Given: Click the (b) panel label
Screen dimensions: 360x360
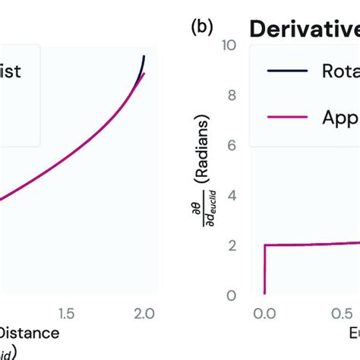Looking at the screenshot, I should (x=199, y=28).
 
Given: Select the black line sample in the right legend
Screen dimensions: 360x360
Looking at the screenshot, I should (x=287, y=71).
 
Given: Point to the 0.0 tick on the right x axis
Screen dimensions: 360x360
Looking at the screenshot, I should (x=264, y=313).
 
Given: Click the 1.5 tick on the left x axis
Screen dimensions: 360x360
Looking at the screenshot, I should (x=66, y=313).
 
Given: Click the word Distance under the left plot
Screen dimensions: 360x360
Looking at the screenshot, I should (x=29, y=333).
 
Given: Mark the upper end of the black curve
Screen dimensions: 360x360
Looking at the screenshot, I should (x=144, y=56).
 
